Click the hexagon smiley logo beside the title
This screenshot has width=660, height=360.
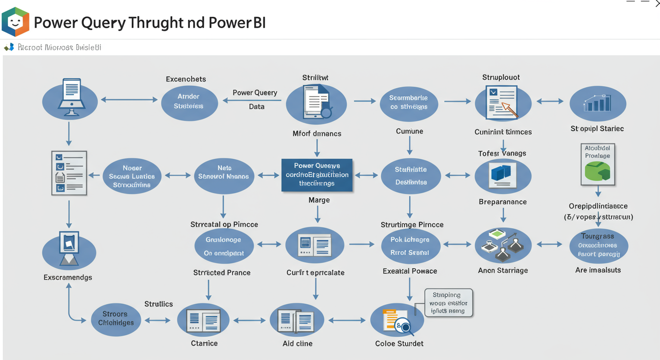(15, 22)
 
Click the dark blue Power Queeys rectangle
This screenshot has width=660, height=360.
(317, 175)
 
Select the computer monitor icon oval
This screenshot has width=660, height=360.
(70, 100)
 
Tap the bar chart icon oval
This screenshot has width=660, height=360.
(598, 103)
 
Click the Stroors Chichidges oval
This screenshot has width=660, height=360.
(116, 318)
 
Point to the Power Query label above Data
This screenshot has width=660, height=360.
(255, 93)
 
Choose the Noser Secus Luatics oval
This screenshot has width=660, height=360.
(132, 176)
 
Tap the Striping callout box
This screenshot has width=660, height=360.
(449, 303)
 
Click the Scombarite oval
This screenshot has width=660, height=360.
(408, 103)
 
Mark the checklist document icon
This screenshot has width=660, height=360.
(69, 172)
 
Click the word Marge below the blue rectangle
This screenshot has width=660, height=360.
(319, 200)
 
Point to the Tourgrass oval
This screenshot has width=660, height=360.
(598, 245)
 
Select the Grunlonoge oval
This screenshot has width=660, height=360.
(224, 246)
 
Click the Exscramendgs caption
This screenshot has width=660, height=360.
(68, 277)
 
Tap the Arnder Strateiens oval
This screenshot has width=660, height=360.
(189, 101)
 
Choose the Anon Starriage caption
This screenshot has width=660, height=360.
(503, 270)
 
